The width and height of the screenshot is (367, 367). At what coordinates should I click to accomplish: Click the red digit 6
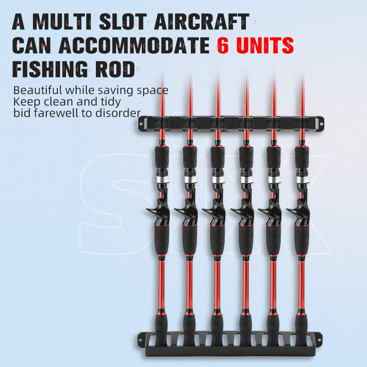coord(223,45)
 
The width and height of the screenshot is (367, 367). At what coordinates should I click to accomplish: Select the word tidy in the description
coord(111,101)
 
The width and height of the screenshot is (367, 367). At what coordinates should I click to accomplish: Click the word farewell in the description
coord(59,113)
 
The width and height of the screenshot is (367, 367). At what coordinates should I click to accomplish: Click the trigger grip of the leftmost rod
coord(156,212)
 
